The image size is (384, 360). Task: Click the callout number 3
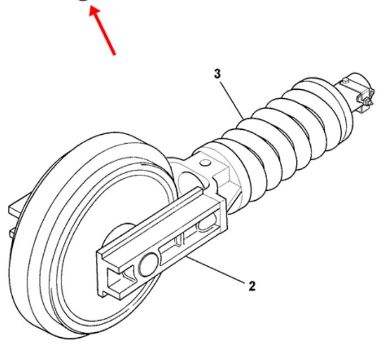click(217, 74)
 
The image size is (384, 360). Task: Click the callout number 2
click(252, 286)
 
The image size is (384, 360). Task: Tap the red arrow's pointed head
click(94, 11)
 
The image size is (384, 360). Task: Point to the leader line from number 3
click(232, 100)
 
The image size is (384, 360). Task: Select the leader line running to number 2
click(216, 270)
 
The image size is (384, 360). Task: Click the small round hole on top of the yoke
click(205, 163)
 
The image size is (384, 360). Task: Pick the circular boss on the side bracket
click(149, 265)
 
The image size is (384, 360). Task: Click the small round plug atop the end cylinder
click(346, 80)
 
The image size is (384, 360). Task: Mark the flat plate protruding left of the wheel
click(19, 206)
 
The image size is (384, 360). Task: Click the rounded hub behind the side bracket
click(117, 233)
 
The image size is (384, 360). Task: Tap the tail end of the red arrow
click(114, 54)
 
